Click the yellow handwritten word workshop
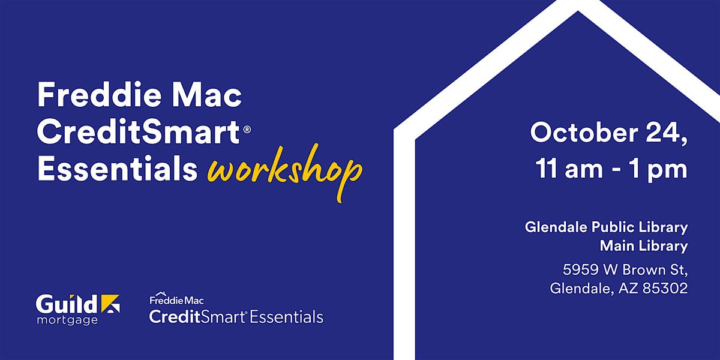285,173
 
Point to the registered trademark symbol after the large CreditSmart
247,129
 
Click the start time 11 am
569,169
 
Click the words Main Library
644,246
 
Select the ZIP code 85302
665,288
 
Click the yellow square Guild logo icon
110,304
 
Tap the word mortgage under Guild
67,320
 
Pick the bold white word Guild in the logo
67,304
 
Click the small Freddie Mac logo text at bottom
176,299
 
